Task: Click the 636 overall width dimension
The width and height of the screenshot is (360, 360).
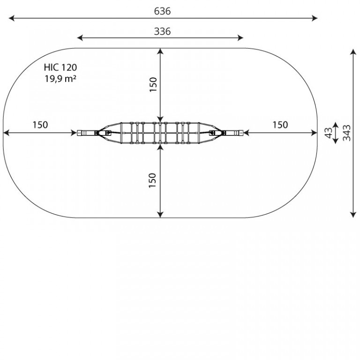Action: (162, 11)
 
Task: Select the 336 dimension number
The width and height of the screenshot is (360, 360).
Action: (162, 31)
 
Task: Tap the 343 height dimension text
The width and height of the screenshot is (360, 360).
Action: (347, 133)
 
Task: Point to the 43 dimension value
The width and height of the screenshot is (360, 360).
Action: (329, 133)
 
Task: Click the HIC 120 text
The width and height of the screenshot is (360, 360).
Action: (60, 67)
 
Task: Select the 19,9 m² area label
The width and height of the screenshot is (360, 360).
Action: (60, 79)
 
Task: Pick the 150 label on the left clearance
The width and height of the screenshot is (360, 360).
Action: (40, 125)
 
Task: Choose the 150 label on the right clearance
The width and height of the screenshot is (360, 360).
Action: (280, 125)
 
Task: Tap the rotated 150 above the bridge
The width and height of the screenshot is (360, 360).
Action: (153, 85)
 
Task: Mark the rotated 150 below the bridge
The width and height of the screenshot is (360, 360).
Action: (152, 180)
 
